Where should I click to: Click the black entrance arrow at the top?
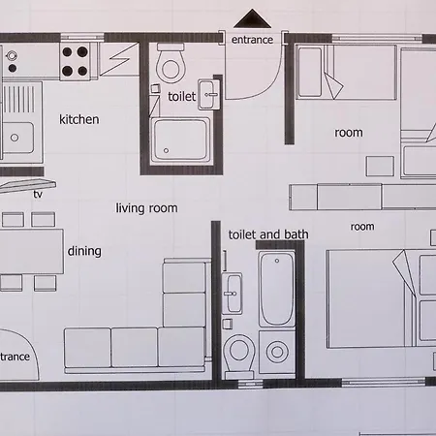point(252,19)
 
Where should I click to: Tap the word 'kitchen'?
point(79,120)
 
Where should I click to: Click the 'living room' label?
point(146,208)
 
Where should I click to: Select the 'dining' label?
point(84,251)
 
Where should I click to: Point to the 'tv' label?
point(38,194)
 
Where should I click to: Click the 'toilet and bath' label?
point(268,234)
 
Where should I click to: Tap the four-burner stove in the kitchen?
point(75,61)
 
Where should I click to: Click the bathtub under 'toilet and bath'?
point(277,289)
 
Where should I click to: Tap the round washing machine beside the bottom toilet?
point(277,352)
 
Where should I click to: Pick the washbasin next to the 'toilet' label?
point(208,95)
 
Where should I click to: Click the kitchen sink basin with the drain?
point(17,138)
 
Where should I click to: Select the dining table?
point(31,252)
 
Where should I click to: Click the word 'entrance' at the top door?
point(252,40)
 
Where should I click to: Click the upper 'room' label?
point(349,133)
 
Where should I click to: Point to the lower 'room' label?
point(362,227)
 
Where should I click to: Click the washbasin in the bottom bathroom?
point(232,294)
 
